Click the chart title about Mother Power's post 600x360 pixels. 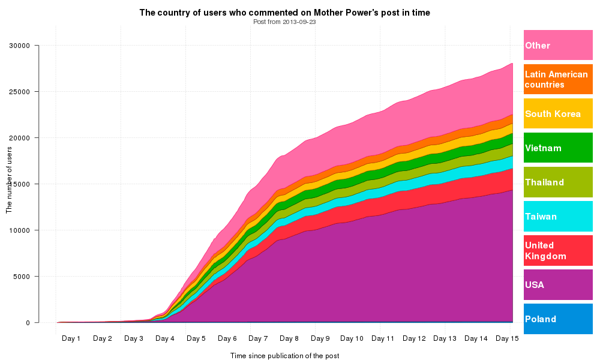point(284,12)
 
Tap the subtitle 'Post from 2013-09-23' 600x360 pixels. point(284,22)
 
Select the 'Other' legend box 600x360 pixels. point(558,45)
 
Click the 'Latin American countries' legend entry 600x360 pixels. point(558,79)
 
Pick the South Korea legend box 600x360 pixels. point(558,113)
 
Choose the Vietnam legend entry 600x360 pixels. point(558,148)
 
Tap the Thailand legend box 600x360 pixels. point(558,182)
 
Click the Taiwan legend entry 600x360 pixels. point(558,216)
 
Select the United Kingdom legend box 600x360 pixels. point(558,250)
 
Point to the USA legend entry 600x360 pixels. point(558,284)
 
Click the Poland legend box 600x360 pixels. point(558,319)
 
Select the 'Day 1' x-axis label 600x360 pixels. point(71,338)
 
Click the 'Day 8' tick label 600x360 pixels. point(289,338)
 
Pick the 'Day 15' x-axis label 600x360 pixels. point(507,338)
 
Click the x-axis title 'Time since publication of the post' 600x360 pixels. point(284,356)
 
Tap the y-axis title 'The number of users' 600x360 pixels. point(9,179)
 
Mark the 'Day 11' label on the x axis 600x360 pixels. point(383,338)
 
